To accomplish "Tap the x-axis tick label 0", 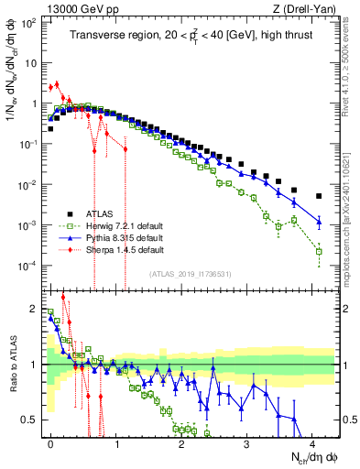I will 50,442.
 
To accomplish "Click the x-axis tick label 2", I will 181,442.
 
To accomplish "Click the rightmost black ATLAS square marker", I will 319,196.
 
